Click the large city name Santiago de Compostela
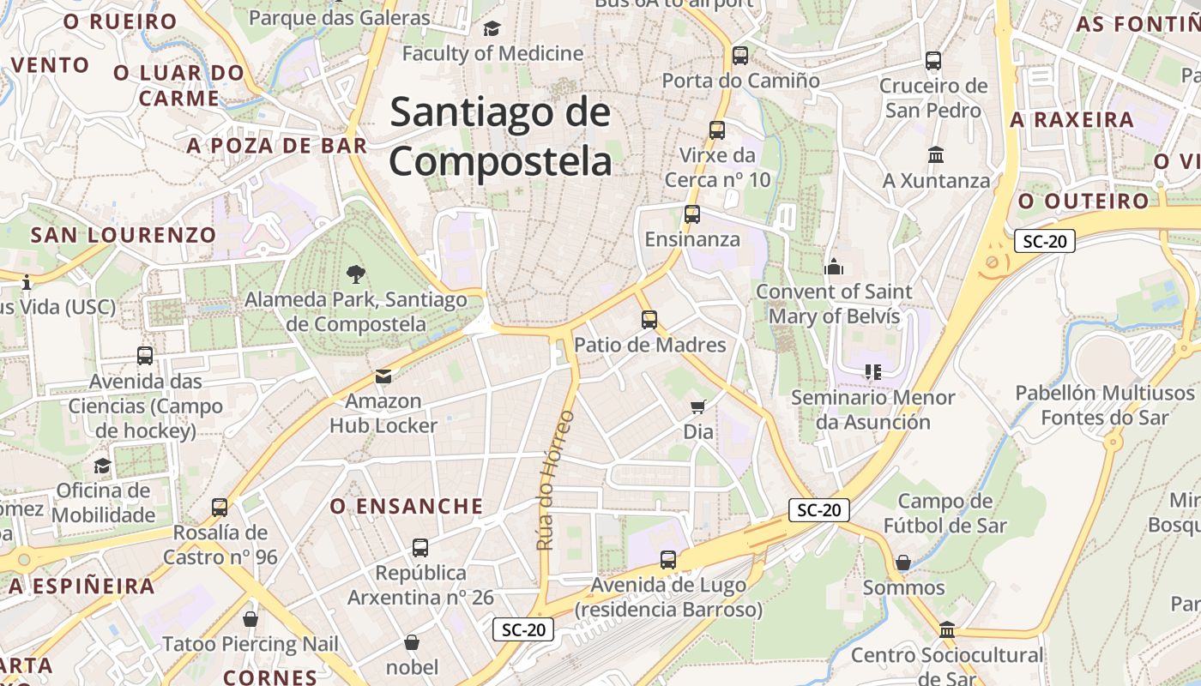501,137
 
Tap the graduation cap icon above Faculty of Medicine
492,29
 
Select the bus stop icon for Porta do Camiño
740,56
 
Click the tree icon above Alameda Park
355,274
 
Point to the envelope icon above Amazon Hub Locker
383,376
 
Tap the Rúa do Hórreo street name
555,480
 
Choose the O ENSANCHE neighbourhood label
407,507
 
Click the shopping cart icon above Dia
698,406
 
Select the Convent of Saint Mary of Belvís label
834,304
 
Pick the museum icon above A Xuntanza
936,155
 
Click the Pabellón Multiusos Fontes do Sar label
1105,406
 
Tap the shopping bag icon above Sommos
903,563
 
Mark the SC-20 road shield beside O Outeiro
1044,241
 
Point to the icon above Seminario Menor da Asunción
872,372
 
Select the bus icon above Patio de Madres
649,320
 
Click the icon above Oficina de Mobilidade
103,466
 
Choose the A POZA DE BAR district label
276,146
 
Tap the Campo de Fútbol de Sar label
945,513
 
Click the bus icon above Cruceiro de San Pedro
933,61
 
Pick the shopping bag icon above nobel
412,642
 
